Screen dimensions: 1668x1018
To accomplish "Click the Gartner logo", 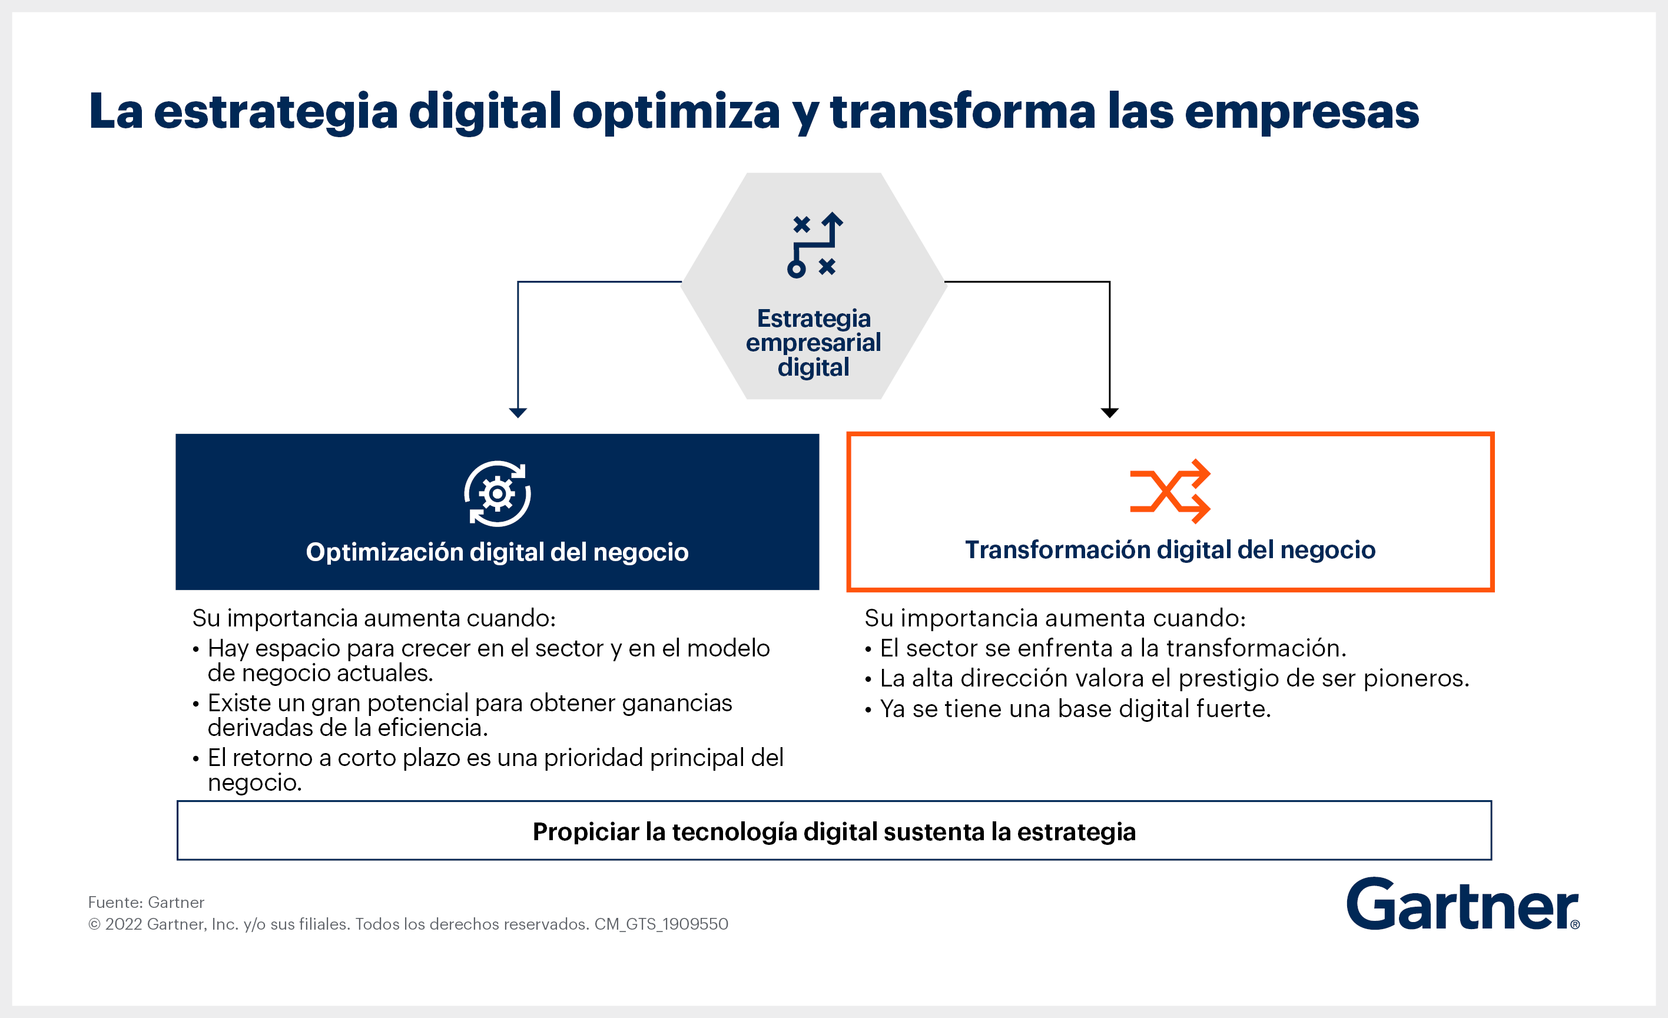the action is click(x=1462, y=904).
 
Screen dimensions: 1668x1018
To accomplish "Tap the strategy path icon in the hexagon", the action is click(x=815, y=245).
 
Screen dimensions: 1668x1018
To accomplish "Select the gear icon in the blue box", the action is click(x=498, y=493).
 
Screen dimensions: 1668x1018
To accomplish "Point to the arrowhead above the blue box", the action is click(x=518, y=413).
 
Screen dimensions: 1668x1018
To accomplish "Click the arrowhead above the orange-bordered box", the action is click(x=1109, y=413).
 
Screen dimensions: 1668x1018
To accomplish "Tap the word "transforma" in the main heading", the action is click(x=962, y=111).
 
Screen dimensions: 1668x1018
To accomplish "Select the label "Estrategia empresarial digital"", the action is click(x=814, y=343).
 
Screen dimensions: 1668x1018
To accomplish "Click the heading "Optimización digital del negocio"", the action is click(x=498, y=552).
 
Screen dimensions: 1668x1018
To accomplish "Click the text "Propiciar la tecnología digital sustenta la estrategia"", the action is click(x=834, y=832).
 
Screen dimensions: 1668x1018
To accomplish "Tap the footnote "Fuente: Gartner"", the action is click(x=146, y=902).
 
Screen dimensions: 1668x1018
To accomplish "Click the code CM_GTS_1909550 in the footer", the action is click(x=661, y=924).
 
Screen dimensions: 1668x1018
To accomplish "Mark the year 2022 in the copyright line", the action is click(x=123, y=924).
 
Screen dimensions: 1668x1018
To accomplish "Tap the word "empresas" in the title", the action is click(x=1302, y=112).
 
